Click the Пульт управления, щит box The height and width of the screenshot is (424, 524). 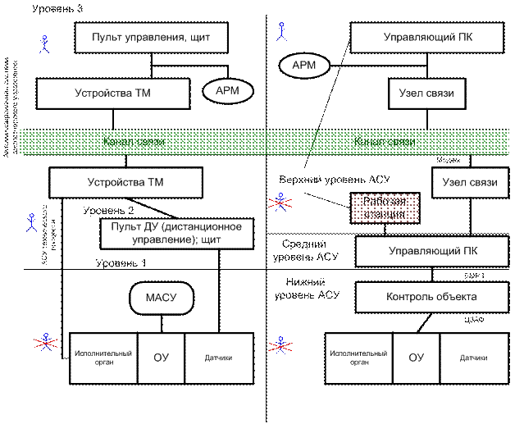point(152,37)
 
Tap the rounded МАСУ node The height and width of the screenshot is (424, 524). point(162,296)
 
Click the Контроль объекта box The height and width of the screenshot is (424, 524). point(421,295)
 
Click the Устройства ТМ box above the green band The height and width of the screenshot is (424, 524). point(107,93)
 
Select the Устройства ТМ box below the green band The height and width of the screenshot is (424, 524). point(125,182)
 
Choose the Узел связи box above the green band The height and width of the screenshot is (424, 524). point(421,93)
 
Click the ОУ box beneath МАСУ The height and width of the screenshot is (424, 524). point(161,358)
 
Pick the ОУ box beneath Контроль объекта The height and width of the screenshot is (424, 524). point(416,358)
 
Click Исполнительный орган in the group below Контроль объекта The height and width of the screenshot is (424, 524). point(355,358)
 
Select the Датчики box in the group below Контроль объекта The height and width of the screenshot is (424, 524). point(474,358)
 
